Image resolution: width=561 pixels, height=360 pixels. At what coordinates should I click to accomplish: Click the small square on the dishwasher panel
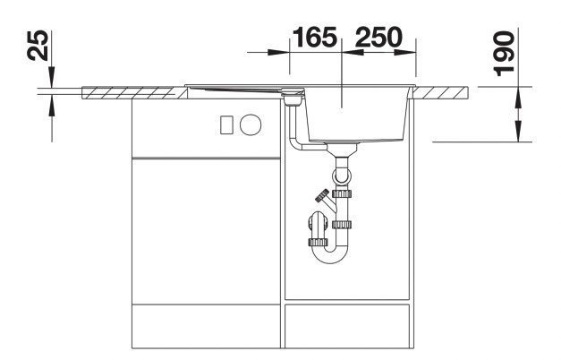coord(226,124)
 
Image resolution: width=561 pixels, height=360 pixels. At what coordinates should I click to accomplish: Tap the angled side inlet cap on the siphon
coord(319,196)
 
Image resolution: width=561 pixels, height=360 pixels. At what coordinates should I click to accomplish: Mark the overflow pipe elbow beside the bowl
coord(295,143)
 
